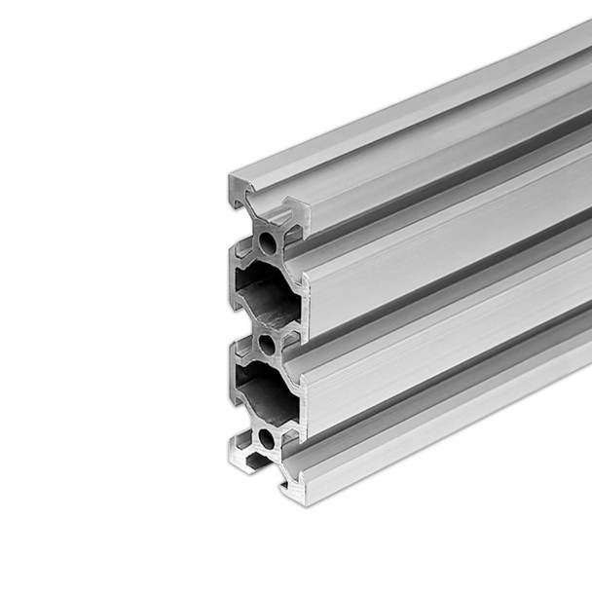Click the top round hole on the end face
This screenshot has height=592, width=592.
click(x=267, y=242)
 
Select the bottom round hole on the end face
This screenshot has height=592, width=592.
click(x=266, y=439)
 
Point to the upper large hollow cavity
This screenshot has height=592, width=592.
click(x=266, y=293)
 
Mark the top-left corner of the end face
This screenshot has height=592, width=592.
click(x=231, y=177)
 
